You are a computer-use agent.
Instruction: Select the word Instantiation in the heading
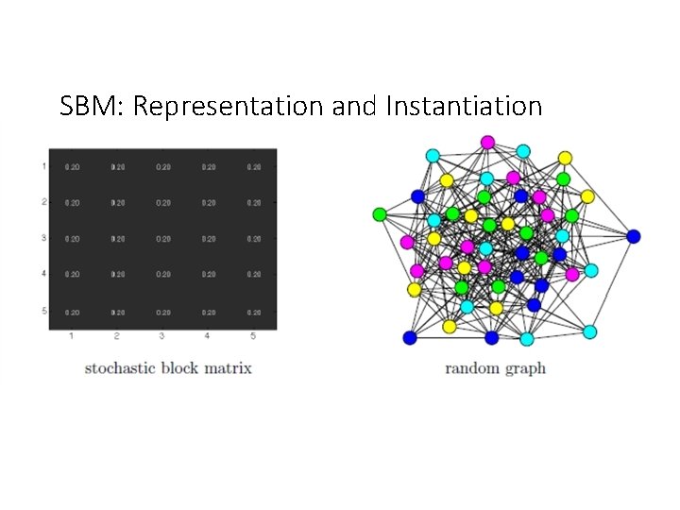[x=464, y=107]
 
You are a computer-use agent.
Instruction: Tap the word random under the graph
[x=473, y=368]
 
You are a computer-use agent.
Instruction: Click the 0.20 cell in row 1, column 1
[x=72, y=167]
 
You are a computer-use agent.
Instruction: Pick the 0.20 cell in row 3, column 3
[x=163, y=239]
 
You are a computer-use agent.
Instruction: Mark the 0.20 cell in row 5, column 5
[x=254, y=312]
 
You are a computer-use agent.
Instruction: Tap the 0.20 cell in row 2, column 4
[x=209, y=203]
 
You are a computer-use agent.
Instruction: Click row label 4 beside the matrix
[x=43, y=275]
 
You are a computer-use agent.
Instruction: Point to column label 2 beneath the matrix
[x=117, y=336]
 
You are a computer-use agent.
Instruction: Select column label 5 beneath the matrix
[x=253, y=336]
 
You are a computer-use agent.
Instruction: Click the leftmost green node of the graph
[x=380, y=214]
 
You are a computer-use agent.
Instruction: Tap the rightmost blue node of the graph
[x=633, y=236]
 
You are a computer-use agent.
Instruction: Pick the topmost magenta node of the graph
[x=487, y=143]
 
